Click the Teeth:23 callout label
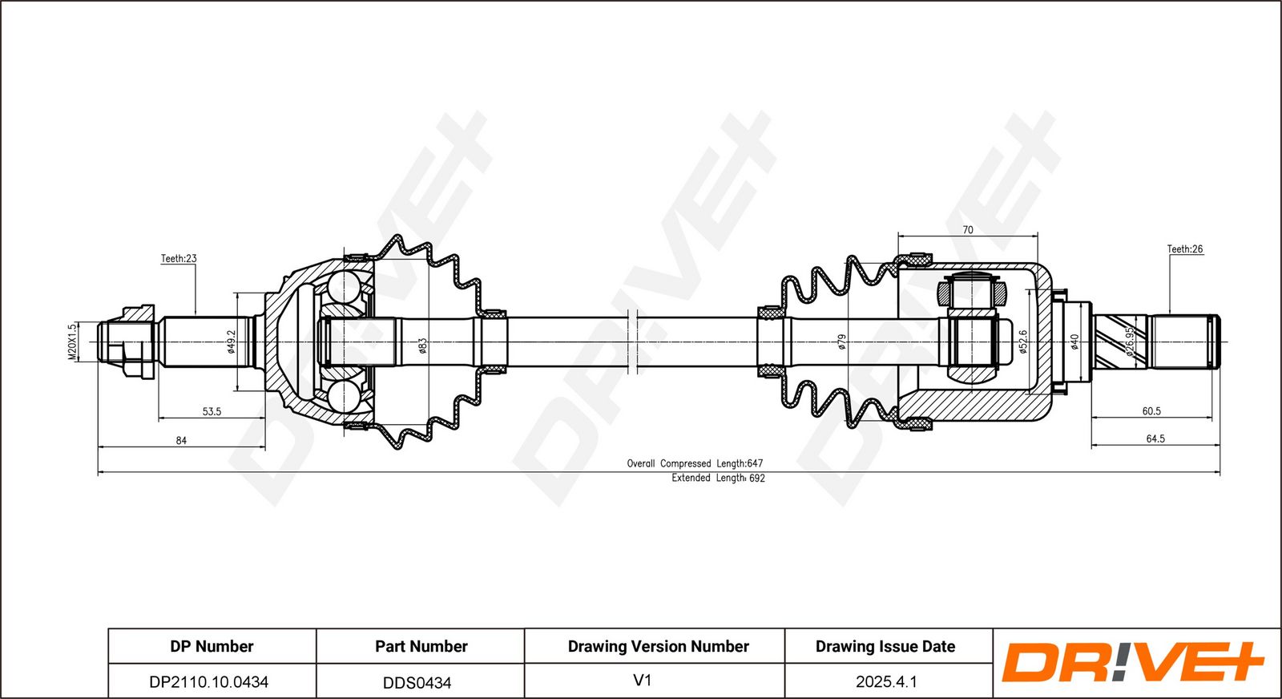tap(178, 259)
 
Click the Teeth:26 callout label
tap(1184, 249)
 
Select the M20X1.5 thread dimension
tap(72, 342)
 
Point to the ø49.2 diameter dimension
tap(232, 342)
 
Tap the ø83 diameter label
tap(423, 345)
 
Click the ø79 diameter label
tap(842, 342)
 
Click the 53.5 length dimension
tap(212, 412)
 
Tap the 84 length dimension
tap(181, 441)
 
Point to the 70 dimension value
tap(968, 230)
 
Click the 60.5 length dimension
tap(1151, 411)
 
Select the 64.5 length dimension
tap(1155, 439)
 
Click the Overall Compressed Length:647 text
tap(695, 463)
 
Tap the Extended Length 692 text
tap(718, 478)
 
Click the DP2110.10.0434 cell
tap(209, 682)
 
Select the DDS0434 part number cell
tap(417, 683)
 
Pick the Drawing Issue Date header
tap(885, 646)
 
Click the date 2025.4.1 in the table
tap(886, 682)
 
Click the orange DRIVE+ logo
tap(1132, 663)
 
